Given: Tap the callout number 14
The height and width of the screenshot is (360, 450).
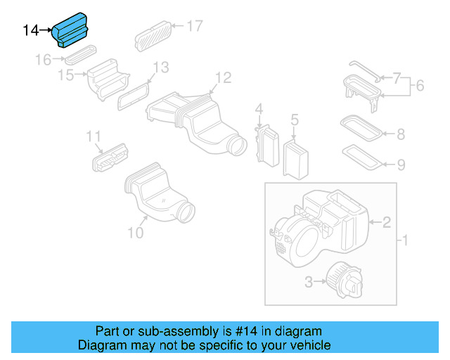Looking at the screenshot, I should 31,30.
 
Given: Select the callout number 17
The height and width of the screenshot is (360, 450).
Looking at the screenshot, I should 194,26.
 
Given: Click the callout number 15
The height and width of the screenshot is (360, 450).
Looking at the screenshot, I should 65,75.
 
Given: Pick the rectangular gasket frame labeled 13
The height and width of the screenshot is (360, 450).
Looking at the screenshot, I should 134,95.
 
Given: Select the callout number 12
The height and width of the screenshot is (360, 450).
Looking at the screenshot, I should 222,77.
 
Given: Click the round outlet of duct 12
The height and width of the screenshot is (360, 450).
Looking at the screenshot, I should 237,146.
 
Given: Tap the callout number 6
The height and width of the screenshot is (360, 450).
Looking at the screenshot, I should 420,86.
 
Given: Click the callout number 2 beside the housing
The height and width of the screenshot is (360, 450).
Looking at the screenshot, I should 386,223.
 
